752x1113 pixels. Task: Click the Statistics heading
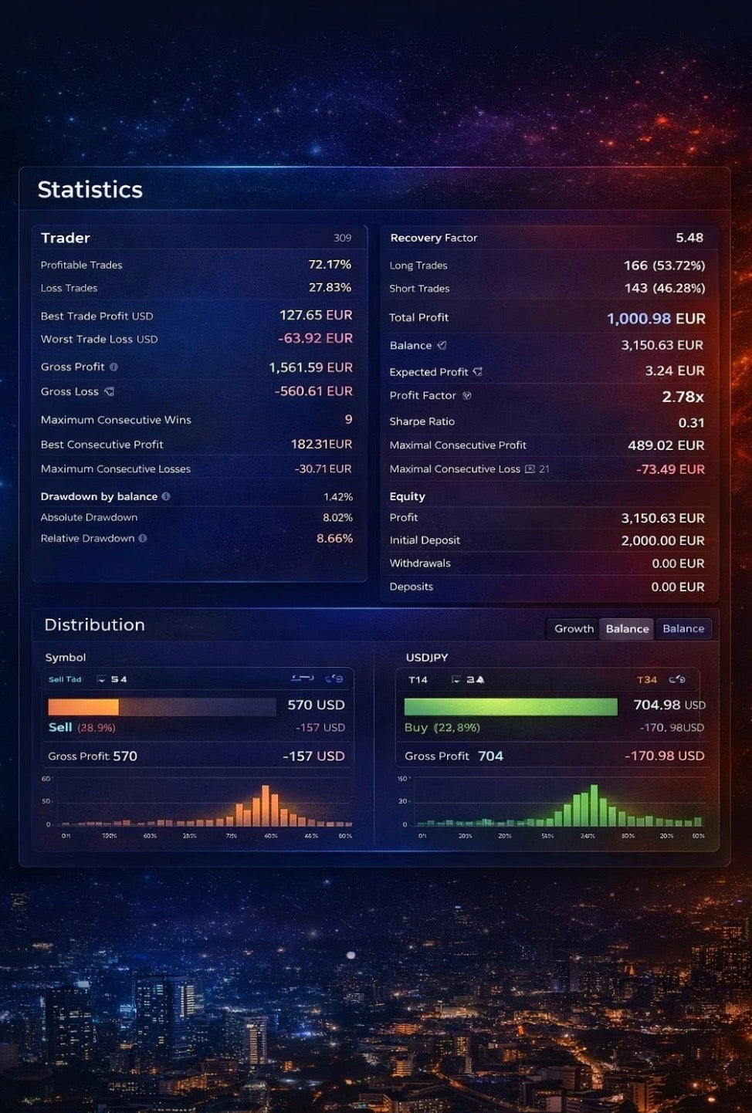(x=90, y=190)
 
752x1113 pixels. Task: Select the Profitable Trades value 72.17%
(x=330, y=265)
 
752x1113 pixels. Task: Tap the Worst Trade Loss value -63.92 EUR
(x=315, y=339)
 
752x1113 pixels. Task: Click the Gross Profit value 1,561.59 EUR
(x=310, y=367)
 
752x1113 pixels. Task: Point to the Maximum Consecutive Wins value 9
(x=348, y=419)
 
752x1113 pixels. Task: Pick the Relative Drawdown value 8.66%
(x=334, y=538)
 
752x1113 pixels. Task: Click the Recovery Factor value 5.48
(x=689, y=238)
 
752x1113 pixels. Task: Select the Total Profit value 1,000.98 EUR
(x=655, y=318)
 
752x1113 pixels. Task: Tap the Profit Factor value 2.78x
(x=683, y=397)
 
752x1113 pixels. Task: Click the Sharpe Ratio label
(x=422, y=421)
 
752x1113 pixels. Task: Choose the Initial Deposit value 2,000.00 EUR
(x=662, y=540)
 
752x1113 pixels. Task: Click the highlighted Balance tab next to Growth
(x=627, y=628)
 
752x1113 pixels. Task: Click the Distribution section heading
(x=94, y=625)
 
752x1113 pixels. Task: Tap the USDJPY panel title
(x=427, y=658)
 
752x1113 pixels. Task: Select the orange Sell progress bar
(x=83, y=706)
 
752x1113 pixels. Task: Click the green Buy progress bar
(x=510, y=706)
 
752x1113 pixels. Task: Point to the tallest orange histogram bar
(x=266, y=806)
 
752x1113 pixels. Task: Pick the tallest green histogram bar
(x=594, y=805)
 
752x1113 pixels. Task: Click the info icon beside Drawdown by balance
(x=166, y=496)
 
